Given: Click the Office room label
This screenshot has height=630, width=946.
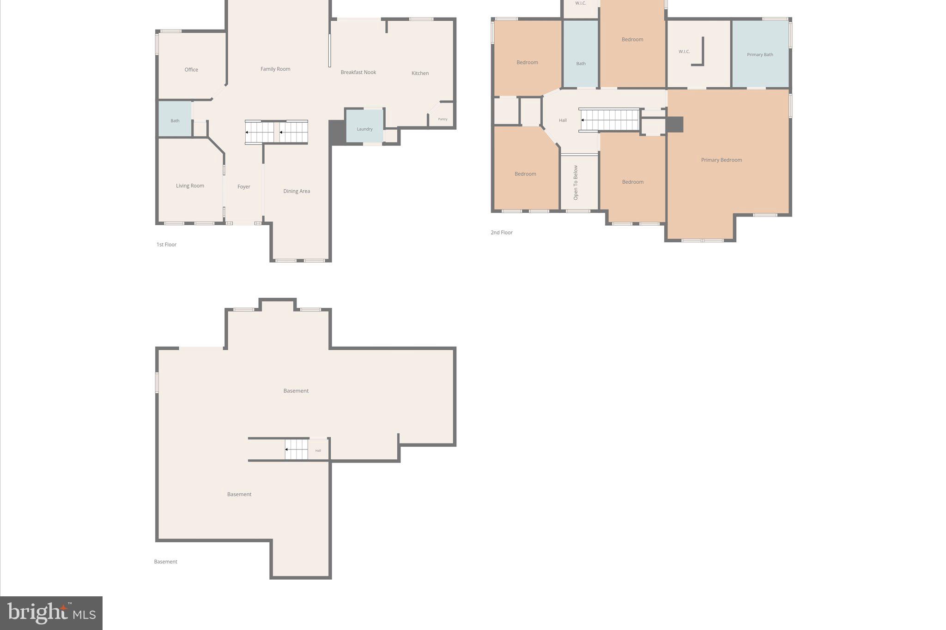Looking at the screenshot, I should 191,70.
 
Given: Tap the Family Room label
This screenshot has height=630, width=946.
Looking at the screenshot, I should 275,69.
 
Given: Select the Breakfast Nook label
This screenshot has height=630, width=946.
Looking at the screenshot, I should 358,72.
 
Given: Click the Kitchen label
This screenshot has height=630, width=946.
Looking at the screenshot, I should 420,73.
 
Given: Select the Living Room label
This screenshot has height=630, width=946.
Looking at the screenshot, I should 190,186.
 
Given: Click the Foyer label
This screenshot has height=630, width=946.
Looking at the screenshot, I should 243,187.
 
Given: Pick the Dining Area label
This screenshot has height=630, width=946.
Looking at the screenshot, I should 297,191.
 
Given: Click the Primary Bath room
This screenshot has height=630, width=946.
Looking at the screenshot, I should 760,54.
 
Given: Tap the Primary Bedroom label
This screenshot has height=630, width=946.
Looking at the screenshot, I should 721,160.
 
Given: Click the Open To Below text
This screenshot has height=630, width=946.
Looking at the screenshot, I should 576,183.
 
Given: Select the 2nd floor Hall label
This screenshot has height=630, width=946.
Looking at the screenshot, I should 562,120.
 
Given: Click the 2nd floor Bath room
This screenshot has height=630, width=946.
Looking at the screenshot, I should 581,60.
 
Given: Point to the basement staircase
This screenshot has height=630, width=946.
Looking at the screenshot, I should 296,450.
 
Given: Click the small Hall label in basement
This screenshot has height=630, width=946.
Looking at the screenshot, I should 318,450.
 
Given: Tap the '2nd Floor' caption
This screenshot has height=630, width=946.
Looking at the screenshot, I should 501,233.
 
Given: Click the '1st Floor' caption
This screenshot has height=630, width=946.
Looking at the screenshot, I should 166,245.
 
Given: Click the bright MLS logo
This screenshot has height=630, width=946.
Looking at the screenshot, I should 51,613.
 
